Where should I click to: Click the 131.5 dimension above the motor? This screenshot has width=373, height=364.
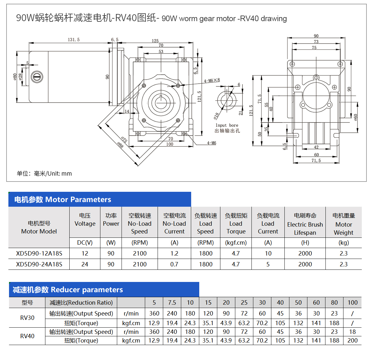click(x=74, y=40)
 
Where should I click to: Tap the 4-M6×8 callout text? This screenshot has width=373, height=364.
click(x=212, y=81)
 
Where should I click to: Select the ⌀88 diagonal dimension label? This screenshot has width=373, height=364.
click(x=121, y=145)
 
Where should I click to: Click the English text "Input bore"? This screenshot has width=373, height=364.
click(x=227, y=125)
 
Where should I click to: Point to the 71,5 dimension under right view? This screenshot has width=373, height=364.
click(x=316, y=160)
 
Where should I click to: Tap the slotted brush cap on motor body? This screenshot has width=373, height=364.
click(x=37, y=77)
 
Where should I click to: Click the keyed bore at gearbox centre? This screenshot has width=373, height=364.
click(x=161, y=102)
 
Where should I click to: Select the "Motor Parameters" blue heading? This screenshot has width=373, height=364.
click(x=62, y=200)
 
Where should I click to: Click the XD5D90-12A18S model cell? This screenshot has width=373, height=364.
click(x=39, y=253)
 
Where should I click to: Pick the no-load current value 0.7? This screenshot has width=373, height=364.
click(x=174, y=264)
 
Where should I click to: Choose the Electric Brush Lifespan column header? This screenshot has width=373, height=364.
click(x=305, y=224)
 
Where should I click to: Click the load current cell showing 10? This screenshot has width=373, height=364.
click(x=268, y=253)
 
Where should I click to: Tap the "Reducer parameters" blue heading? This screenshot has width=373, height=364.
click(x=68, y=290)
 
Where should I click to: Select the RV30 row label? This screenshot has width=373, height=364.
click(x=27, y=318)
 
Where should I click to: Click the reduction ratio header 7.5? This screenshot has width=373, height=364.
click(x=172, y=302)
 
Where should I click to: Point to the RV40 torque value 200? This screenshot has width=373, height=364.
click(x=352, y=340)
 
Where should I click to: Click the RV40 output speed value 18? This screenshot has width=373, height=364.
click(x=352, y=332)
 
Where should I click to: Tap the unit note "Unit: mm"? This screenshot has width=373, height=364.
click(x=59, y=173)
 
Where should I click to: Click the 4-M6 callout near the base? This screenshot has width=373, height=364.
click(x=212, y=143)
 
